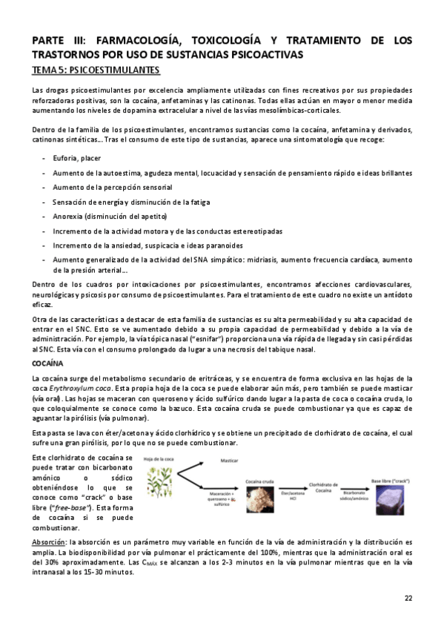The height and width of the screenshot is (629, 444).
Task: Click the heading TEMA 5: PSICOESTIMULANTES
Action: pos(97,70)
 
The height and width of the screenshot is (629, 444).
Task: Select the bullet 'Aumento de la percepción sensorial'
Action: pos(112,187)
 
